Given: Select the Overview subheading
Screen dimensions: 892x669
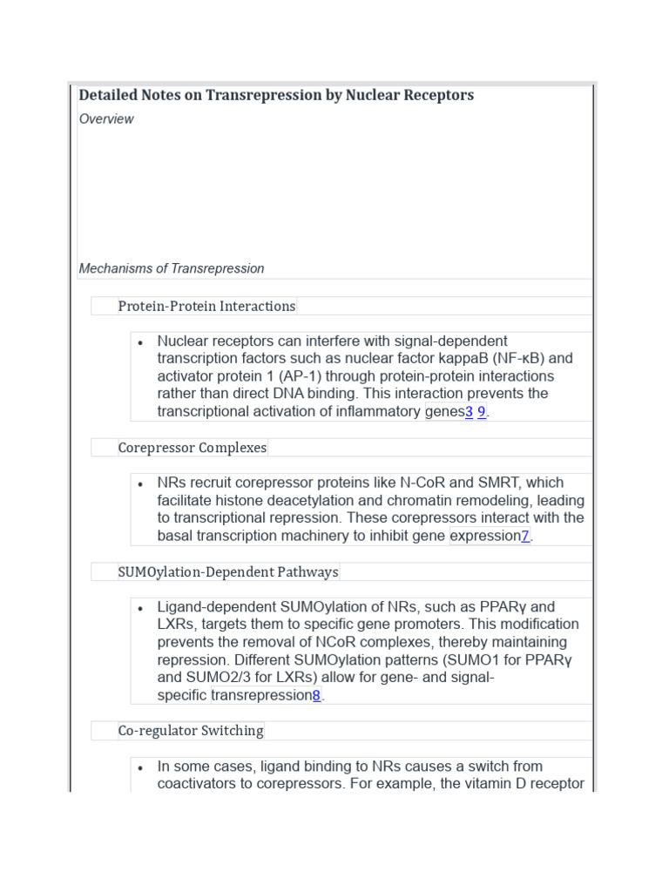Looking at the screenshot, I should (106, 119).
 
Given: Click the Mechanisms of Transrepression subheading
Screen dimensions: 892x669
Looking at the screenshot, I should (172, 268).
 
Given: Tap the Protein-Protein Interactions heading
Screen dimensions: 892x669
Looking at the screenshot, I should (206, 306).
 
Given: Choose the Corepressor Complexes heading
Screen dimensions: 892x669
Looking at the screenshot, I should (193, 448).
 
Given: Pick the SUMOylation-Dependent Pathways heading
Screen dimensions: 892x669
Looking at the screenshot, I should (228, 572).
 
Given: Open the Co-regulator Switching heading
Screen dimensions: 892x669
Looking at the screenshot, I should (191, 731).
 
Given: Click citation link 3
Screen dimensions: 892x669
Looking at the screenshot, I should (469, 412).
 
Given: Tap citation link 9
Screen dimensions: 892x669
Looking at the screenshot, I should (482, 412).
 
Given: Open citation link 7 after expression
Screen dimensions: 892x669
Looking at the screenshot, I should (525, 537).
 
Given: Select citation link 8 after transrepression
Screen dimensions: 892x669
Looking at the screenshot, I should (316, 696).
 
